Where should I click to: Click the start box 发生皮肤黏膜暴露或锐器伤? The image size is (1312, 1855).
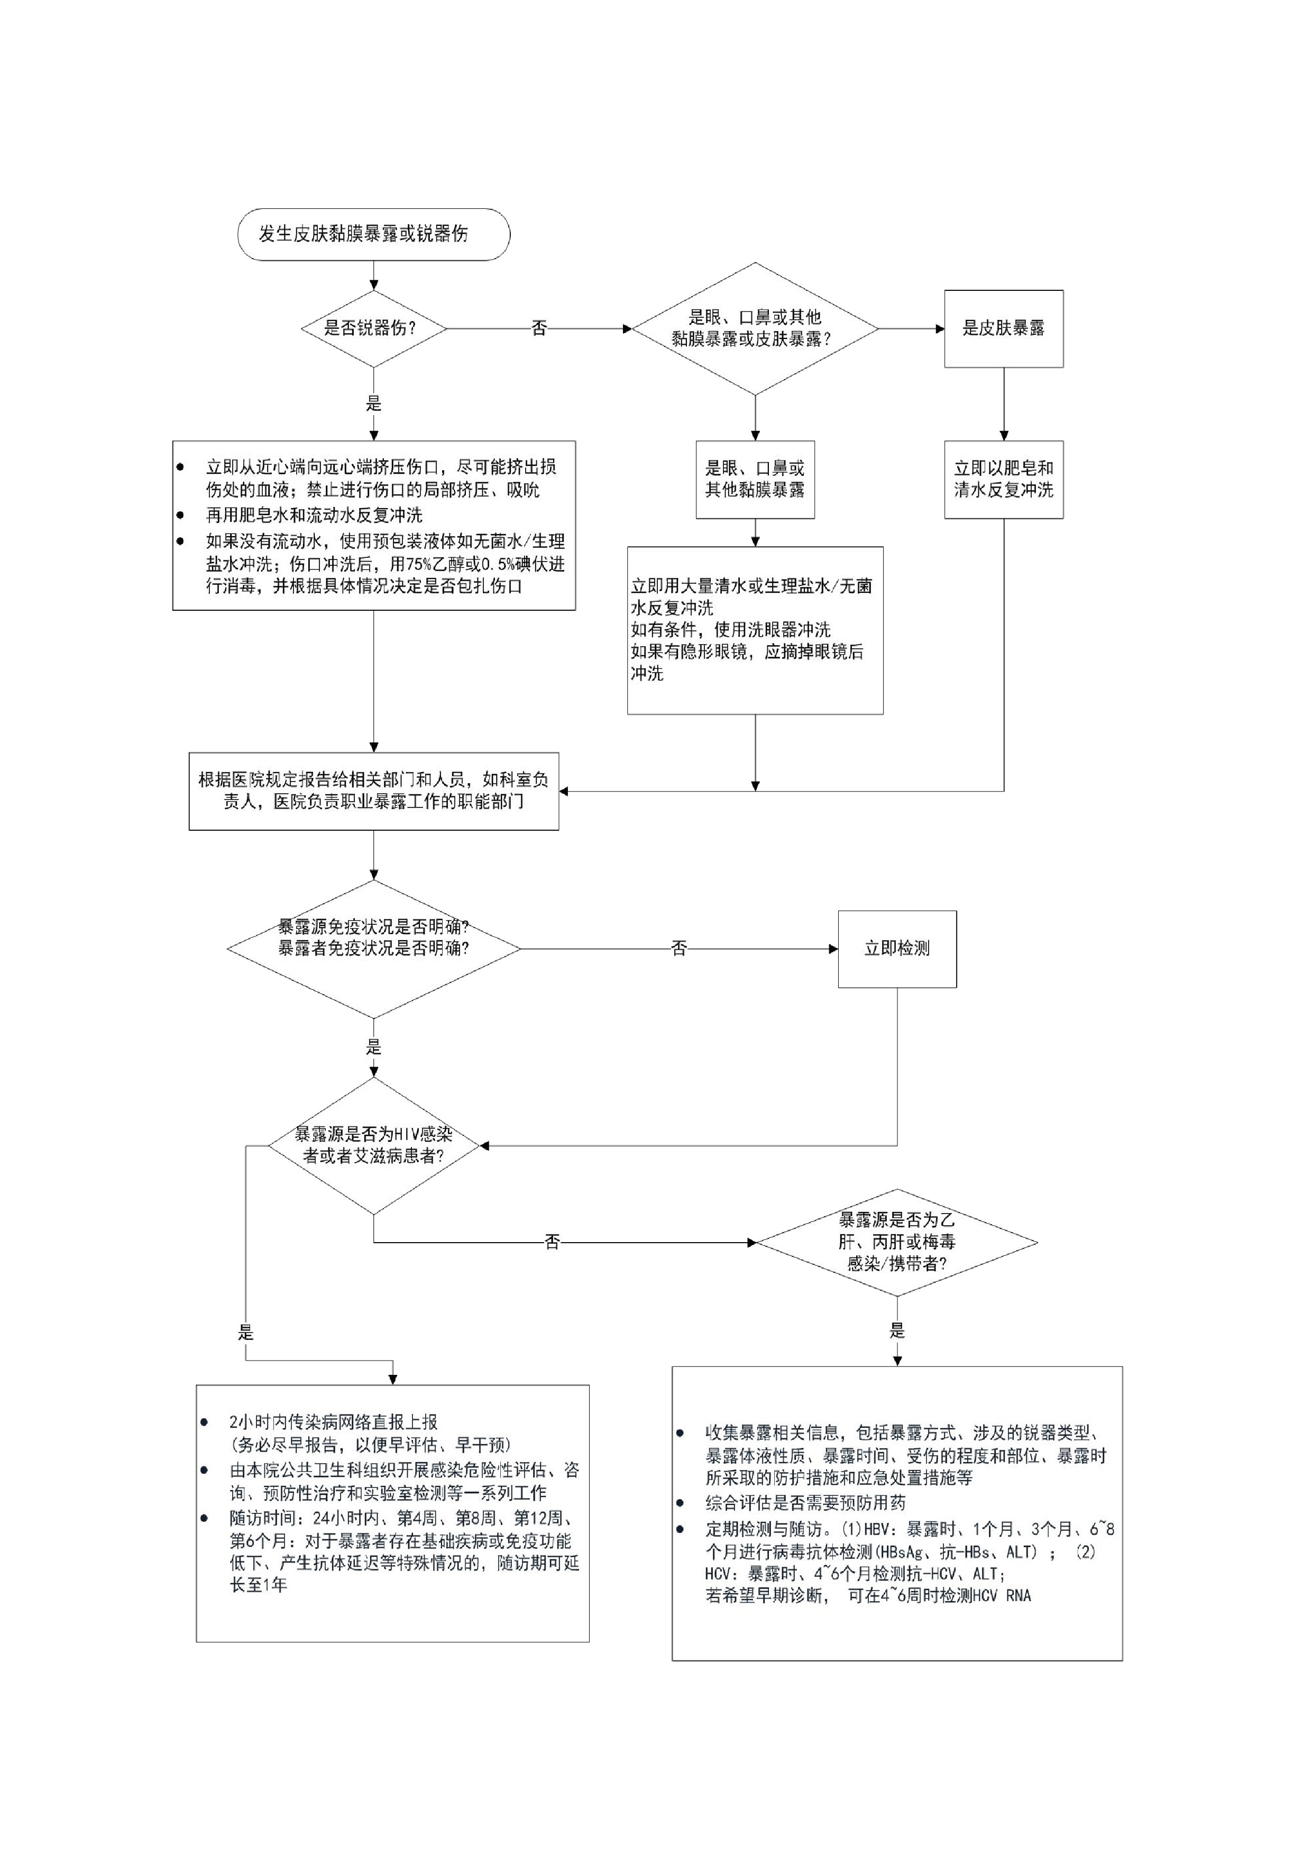coord(373,234)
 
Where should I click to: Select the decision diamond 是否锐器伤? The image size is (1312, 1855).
coord(373,329)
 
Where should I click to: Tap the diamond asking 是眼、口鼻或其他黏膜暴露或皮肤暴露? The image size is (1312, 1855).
coord(755,329)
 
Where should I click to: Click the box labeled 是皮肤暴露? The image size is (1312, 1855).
coord(1003,329)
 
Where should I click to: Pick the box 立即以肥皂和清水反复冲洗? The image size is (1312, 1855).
coord(1003,479)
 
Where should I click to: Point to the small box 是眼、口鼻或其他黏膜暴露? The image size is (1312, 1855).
coord(755,479)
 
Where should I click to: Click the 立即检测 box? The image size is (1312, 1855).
coord(897,949)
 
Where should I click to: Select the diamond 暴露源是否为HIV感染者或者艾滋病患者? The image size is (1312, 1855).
coord(373,1146)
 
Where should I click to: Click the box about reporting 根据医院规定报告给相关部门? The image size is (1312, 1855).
coord(373,791)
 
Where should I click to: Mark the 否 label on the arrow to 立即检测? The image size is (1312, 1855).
coord(678,949)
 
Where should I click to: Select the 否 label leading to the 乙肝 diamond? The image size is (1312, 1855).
coord(552,1242)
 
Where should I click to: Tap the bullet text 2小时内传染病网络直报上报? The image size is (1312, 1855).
coord(333,1422)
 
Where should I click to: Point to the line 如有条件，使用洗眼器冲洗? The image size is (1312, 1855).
coord(730,629)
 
